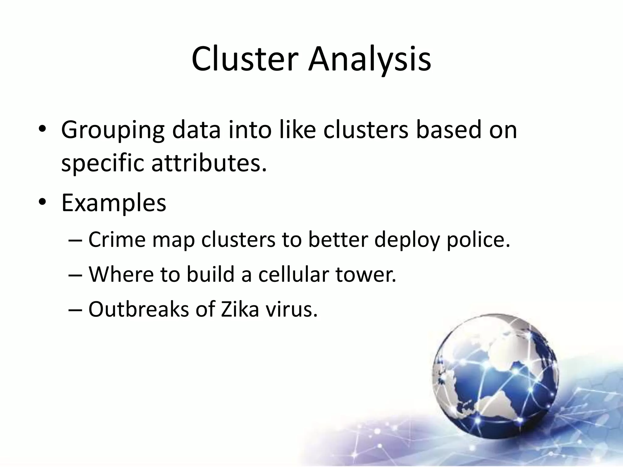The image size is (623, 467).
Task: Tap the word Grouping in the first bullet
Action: click(x=113, y=130)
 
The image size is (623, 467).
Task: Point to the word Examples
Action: click(x=114, y=203)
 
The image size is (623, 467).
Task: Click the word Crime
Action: click(x=117, y=239)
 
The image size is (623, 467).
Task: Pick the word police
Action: click(x=478, y=239)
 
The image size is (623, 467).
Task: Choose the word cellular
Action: click(x=294, y=274)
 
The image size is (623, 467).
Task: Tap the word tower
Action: click(x=366, y=274)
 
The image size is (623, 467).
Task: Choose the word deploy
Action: click(x=407, y=239)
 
